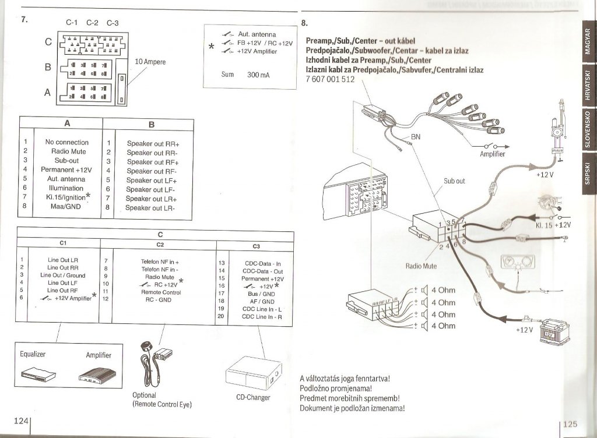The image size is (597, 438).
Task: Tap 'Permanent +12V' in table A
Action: point(66,169)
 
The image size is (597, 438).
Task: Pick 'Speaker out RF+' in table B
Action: point(153,162)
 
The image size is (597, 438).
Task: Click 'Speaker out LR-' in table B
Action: point(150,207)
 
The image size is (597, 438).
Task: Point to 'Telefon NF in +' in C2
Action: point(160,262)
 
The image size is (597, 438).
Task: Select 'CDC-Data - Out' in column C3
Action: point(262,271)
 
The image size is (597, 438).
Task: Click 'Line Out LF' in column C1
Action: point(62,282)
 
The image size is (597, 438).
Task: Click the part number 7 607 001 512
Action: point(330,80)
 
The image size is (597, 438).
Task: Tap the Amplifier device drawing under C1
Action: point(99,375)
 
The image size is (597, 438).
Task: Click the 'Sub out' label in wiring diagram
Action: point(454,181)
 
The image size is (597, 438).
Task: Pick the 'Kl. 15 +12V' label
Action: point(553,224)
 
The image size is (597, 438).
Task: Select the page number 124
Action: point(21,421)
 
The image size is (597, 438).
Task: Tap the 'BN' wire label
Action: point(416,137)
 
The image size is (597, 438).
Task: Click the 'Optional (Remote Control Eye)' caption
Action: point(161,400)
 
